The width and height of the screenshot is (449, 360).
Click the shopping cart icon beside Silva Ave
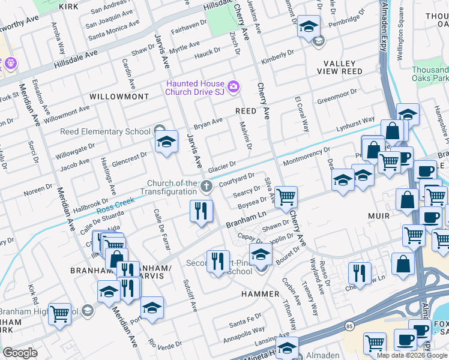click(x=287, y=196)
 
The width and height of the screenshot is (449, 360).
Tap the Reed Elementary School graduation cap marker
click(x=166, y=142)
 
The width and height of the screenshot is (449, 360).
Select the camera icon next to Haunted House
click(x=233, y=88)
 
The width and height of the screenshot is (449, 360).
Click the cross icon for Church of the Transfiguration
click(x=206, y=187)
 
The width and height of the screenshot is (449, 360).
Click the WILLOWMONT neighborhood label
click(x=119, y=96)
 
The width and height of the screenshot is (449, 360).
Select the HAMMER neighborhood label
click(x=261, y=294)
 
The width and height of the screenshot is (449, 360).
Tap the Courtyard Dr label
click(x=237, y=179)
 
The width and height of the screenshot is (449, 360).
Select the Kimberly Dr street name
click(x=277, y=58)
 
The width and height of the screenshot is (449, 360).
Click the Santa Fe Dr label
click(x=246, y=327)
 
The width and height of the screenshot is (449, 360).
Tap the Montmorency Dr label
click(x=306, y=158)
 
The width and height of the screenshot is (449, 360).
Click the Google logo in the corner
click(x=20, y=352)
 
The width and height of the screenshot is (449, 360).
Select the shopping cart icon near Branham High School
click(x=60, y=313)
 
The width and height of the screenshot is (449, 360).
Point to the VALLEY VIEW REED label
click(x=343, y=67)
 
